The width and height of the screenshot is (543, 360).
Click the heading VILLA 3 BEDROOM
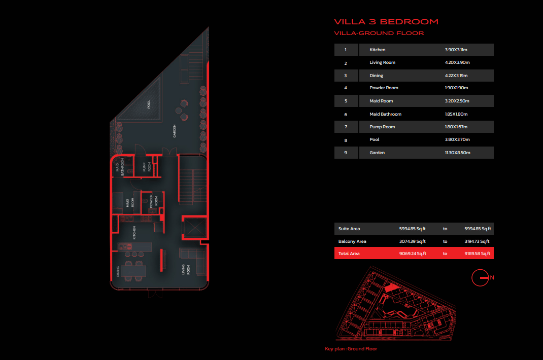pyautogui.click(x=386, y=22)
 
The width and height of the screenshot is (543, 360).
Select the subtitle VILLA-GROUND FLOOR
pyautogui.click(x=379, y=33)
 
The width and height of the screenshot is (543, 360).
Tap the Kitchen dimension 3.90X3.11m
pyautogui.click(x=456, y=50)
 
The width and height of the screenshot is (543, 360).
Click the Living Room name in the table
pyautogui.click(x=382, y=62)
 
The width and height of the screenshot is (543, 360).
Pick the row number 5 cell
pyautogui.click(x=346, y=101)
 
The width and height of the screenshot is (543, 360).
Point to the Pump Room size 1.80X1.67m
pyautogui.click(x=456, y=127)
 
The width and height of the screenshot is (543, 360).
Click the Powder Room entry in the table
pyautogui.click(x=384, y=88)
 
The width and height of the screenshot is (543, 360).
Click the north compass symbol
pyautogui.click(x=480, y=277)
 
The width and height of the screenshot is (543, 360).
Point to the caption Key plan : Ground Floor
pyautogui.click(x=351, y=349)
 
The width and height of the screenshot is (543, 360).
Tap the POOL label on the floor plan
pyautogui.click(x=149, y=104)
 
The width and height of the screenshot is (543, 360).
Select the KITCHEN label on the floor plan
pyautogui.click(x=134, y=233)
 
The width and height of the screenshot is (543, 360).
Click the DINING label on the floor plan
pyautogui.click(x=118, y=271)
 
